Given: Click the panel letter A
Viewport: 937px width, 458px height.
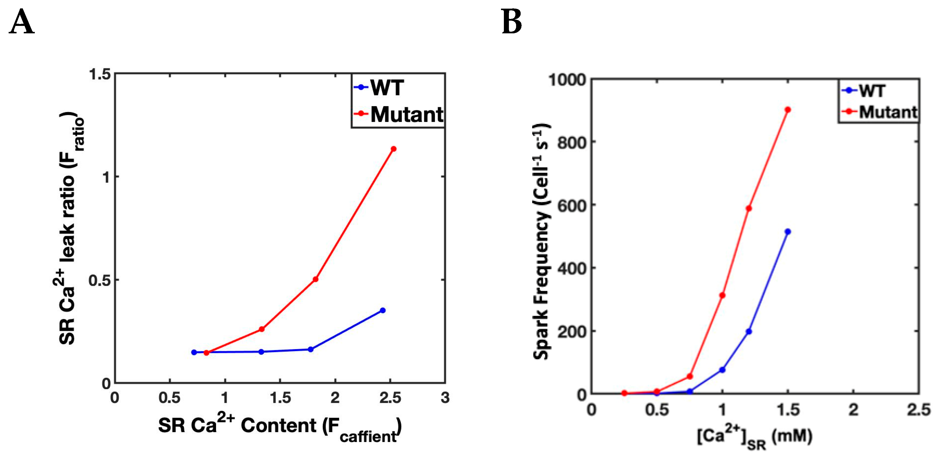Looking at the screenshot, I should tap(22, 23).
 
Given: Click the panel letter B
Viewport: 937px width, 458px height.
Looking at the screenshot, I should tap(512, 23).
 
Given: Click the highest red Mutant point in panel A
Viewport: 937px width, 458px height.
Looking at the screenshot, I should tap(393, 149).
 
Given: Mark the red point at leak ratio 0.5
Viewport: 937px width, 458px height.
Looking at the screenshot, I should tap(315, 279).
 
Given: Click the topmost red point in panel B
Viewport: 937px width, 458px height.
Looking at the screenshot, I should tap(788, 110).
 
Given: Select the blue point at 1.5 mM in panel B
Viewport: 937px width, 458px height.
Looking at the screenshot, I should tap(788, 231).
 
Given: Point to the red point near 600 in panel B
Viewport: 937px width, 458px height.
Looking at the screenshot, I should tap(748, 208).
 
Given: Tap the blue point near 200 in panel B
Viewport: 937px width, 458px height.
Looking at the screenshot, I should tap(748, 331).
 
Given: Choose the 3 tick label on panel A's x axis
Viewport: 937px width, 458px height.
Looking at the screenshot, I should tap(445, 398).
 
